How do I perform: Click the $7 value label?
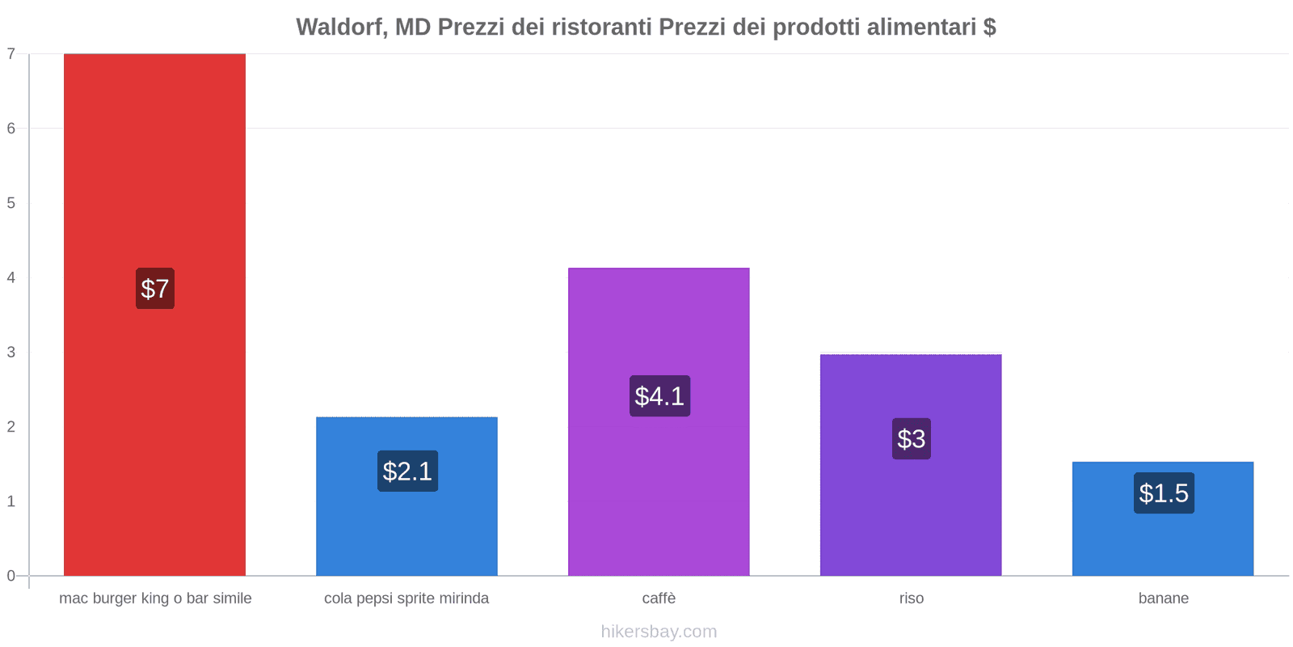pos(155,289)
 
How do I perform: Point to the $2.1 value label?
pos(407,472)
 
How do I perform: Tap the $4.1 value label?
pos(659,396)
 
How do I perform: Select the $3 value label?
pos(912,439)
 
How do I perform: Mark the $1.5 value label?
pos(1164,493)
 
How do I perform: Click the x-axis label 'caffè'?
pos(659,598)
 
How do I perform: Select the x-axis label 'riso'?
pos(912,598)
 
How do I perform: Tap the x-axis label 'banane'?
pos(1163,598)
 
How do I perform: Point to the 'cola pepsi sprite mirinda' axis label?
pos(406,598)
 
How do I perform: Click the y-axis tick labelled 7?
pos(11,54)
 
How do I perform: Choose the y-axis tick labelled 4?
pos(11,278)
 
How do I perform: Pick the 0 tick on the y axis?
pos(11,576)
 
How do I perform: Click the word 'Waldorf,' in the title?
pos(342,27)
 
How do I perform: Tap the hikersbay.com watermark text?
pos(659,632)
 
